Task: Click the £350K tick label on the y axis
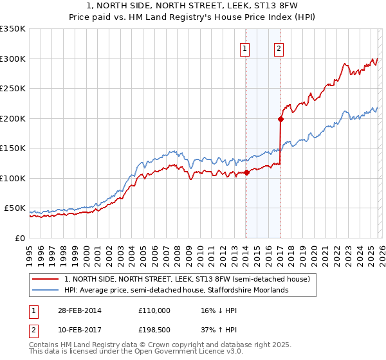click(x=13, y=29)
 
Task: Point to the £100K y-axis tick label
click(x=13, y=178)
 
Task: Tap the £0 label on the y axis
click(x=21, y=238)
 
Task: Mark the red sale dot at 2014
click(x=246, y=172)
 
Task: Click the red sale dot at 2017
click(x=280, y=119)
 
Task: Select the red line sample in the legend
click(x=46, y=279)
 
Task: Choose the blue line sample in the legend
click(x=46, y=290)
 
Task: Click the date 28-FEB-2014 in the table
click(x=78, y=310)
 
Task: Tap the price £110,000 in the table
click(x=154, y=310)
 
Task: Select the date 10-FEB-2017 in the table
click(x=78, y=330)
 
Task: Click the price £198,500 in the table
click(x=154, y=330)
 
